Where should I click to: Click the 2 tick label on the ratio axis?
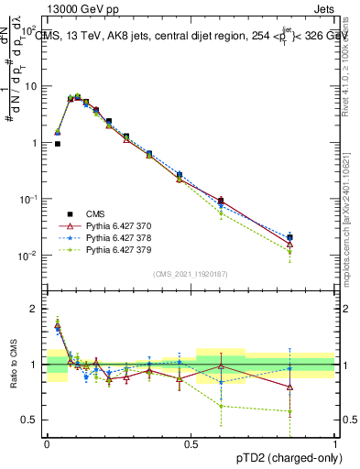click(x=34, y=309)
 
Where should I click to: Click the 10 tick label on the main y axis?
click(x=29, y=86)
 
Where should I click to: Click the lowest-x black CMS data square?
click(x=58, y=144)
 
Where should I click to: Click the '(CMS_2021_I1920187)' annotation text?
click(x=191, y=274)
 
